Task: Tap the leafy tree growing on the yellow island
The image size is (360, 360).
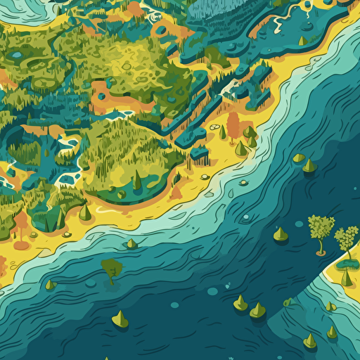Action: click(346, 239)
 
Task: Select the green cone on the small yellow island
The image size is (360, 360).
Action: click(345, 278)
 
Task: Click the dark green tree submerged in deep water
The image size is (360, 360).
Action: click(111, 269)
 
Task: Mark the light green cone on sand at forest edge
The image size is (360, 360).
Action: click(84, 211)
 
